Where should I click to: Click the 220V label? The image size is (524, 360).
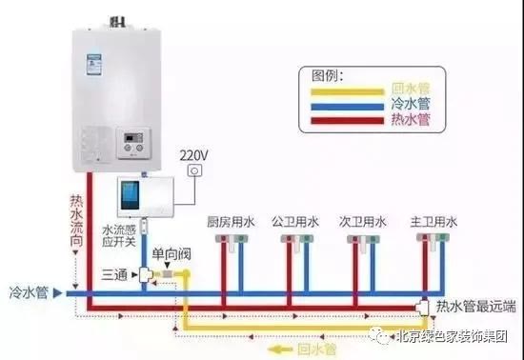(194, 152)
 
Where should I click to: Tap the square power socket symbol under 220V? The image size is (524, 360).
(195, 171)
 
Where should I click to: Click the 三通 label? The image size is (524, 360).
(114, 275)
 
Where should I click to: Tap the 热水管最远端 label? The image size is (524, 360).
(474, 307)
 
